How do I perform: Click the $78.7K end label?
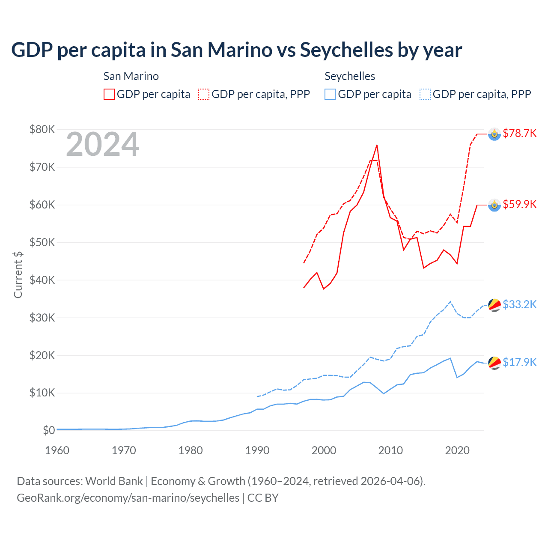[519, 133]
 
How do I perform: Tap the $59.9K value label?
[519, 204]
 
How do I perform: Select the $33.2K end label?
[519, 304]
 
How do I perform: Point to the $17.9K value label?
[519, 362]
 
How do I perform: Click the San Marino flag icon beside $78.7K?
[494, 134]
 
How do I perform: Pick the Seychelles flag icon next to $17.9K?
[494, 363]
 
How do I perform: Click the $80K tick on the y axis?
[42, 129]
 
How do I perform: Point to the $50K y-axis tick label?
[42, 242]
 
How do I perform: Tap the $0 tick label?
[49, 430]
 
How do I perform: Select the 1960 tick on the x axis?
[57, 450]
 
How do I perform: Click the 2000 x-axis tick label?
[324, 450]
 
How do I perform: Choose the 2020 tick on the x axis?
[457, 450]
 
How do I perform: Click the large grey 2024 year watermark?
[102, 144]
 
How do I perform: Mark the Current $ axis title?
[18, 274]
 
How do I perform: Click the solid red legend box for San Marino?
[109, 94]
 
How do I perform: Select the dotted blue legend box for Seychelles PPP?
[425, 94]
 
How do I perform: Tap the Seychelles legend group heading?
[350, 76]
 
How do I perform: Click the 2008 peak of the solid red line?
[377, 145]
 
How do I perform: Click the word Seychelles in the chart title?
[346, 50]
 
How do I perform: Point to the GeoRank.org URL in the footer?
[128, 498]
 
